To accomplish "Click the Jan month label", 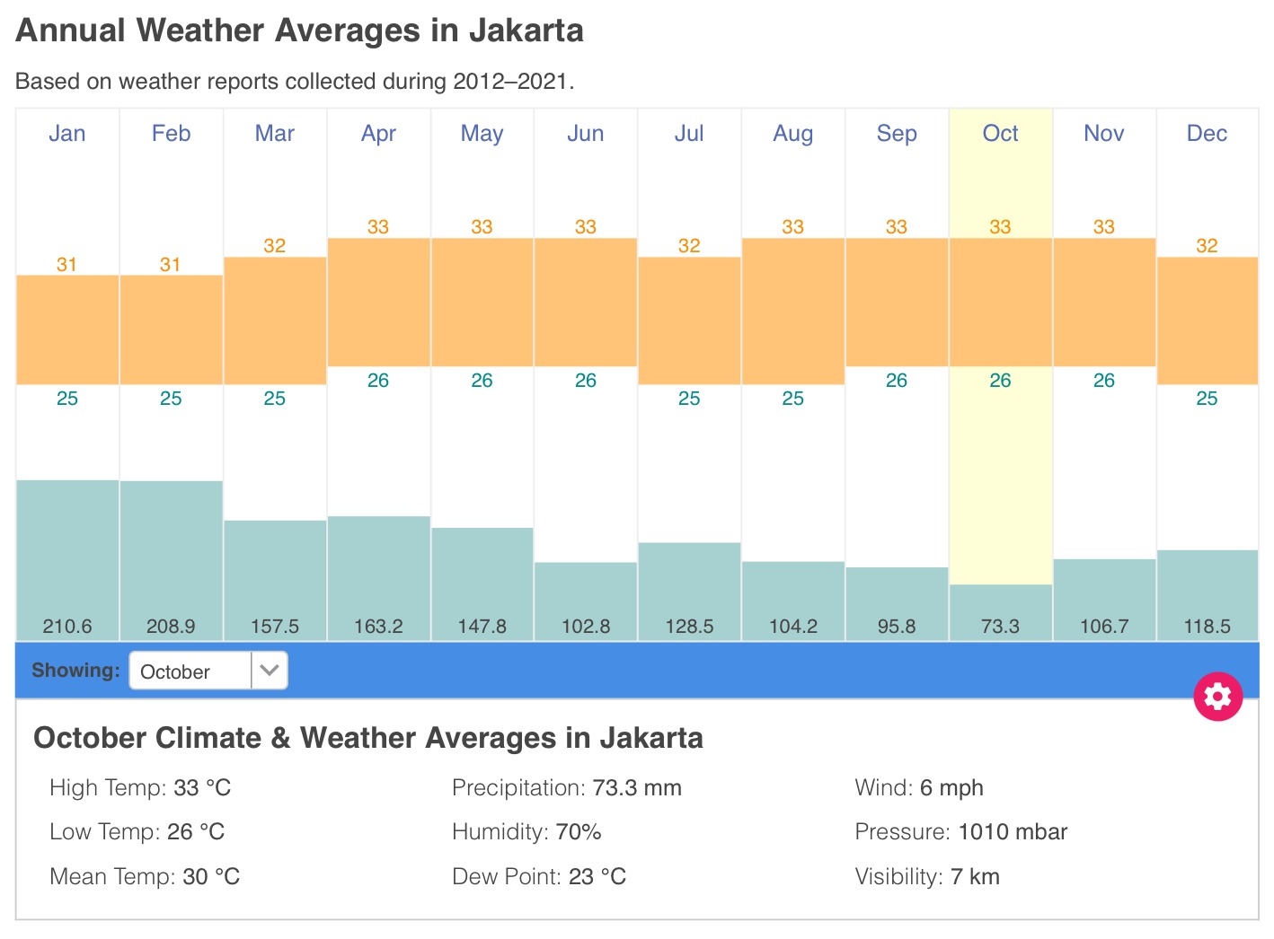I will [x=67, y=134].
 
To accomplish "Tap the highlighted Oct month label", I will [x=1000, y=134].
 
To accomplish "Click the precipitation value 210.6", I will [x=67, y=627].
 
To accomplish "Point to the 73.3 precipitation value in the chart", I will [x=1000, y=627].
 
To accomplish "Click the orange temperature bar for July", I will [x=689, y=320].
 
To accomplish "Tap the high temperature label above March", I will [x=274, y=246].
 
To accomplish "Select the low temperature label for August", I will [x=792, y=399].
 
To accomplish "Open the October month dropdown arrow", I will [x=270, y=671].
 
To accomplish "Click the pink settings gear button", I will [x=1217, y=697].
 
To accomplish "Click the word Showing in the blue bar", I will [x=75, y=671].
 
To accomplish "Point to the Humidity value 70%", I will [x=578, y=832].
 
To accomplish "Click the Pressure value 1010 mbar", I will [x=1013, y=832].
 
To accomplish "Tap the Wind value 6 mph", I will [x=951, y=788].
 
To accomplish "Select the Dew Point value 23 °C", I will [x=597, y=877].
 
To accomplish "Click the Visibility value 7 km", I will [x=975, y=877].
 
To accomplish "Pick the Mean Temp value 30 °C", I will [x=211, y=877].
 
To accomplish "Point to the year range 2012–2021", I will [x=509, y=82].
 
